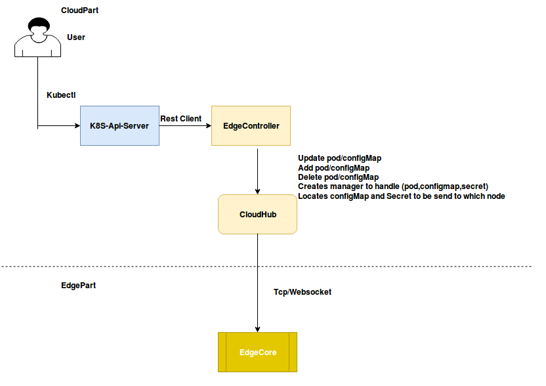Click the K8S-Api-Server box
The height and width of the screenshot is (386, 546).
coord(119,125)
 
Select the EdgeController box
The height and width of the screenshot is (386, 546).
coord(251,125)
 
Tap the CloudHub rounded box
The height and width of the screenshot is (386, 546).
coord(257,214)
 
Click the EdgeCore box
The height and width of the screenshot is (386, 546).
coord(257,353)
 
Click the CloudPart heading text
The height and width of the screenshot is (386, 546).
coord(80,11)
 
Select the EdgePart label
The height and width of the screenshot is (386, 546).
coord(78,287)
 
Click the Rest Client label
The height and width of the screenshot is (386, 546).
coord(181,119)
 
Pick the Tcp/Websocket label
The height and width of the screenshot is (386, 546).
coord(303,291)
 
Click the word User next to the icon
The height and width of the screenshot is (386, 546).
coord(76,37)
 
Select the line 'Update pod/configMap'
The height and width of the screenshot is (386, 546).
coord(339,158)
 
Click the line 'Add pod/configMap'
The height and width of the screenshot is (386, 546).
coord(333,168)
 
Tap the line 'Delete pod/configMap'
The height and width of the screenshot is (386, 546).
coord(338,177)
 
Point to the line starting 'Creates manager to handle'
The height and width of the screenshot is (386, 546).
coord(392,186)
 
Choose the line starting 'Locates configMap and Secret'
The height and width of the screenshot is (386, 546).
coord(401,196)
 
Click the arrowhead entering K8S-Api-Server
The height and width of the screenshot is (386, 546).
coord(76,125)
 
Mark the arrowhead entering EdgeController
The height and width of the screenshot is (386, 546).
coord(207,125)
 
